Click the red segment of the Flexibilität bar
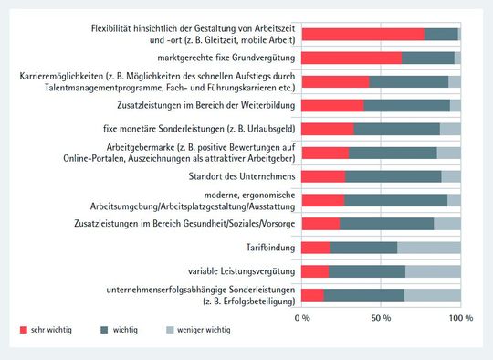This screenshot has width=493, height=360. pos(362,34)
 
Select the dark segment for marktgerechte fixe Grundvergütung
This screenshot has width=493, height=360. pos(427,58)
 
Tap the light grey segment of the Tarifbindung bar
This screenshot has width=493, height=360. pos(428,247)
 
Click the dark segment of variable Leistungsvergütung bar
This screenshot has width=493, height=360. pos(366,270)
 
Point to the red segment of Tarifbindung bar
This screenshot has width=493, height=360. pos(315,247)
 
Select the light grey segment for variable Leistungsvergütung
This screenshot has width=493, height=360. pos(433,270)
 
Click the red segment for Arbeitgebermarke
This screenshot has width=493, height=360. pos(325,153)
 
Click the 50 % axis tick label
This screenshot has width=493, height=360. pos(381,318)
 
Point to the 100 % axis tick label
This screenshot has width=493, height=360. pos(460,318)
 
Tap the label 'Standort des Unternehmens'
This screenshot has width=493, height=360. pos(241,175)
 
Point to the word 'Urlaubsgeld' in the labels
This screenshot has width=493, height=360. pos(260,129)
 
